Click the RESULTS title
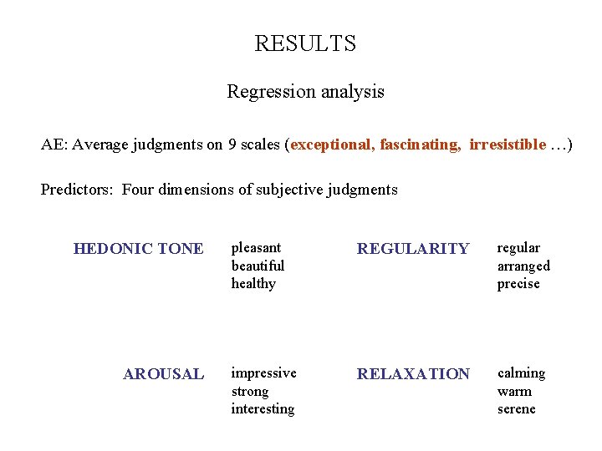pos(305,43)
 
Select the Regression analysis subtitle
pos(305,92)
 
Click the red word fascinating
pos(420,144)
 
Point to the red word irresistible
pos(507,144)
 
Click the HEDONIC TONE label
pos(138,249)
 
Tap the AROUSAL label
pos(163,374)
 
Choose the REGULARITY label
pos(413,249)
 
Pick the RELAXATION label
pos(413,374)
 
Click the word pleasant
pos(256,248)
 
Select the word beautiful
pos(258,266)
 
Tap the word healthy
pos(253,284)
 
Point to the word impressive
pos(263,373)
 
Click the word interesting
pos(263,409)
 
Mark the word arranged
pos(523,266)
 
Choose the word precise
pos(518,284)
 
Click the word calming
pos(521,373)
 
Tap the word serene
pos(516,409)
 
